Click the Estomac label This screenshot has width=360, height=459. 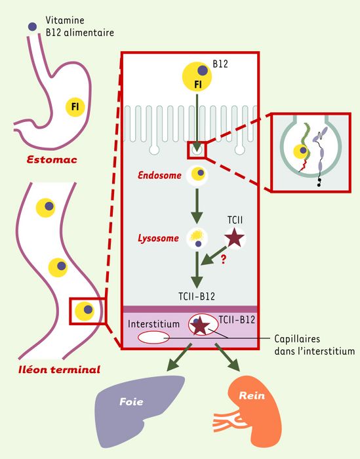coord(52,159)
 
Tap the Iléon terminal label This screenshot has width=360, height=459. coord(59,369)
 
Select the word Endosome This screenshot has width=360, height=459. coord(159,175)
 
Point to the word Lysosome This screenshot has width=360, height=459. coord(158,238)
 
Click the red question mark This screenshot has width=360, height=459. coord(224,260)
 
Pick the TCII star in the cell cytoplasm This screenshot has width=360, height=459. coord(235,238)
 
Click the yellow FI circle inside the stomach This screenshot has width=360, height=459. coord(75,107)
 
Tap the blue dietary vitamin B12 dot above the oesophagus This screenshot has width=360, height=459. coord(32,27)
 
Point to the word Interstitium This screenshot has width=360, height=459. coord(153,324)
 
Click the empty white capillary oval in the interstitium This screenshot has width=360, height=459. coord(153,337)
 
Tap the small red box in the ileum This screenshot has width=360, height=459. coord(87,311)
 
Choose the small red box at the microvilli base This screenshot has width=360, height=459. coord(197,150)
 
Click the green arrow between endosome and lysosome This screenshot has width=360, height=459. coord(197,206)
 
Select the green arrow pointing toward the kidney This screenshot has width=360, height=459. coord(228,357)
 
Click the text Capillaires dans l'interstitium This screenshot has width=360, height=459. coord(314,345)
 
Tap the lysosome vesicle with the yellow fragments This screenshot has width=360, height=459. coord(197,238)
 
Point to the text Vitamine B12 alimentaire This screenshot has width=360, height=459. coord(79,26)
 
